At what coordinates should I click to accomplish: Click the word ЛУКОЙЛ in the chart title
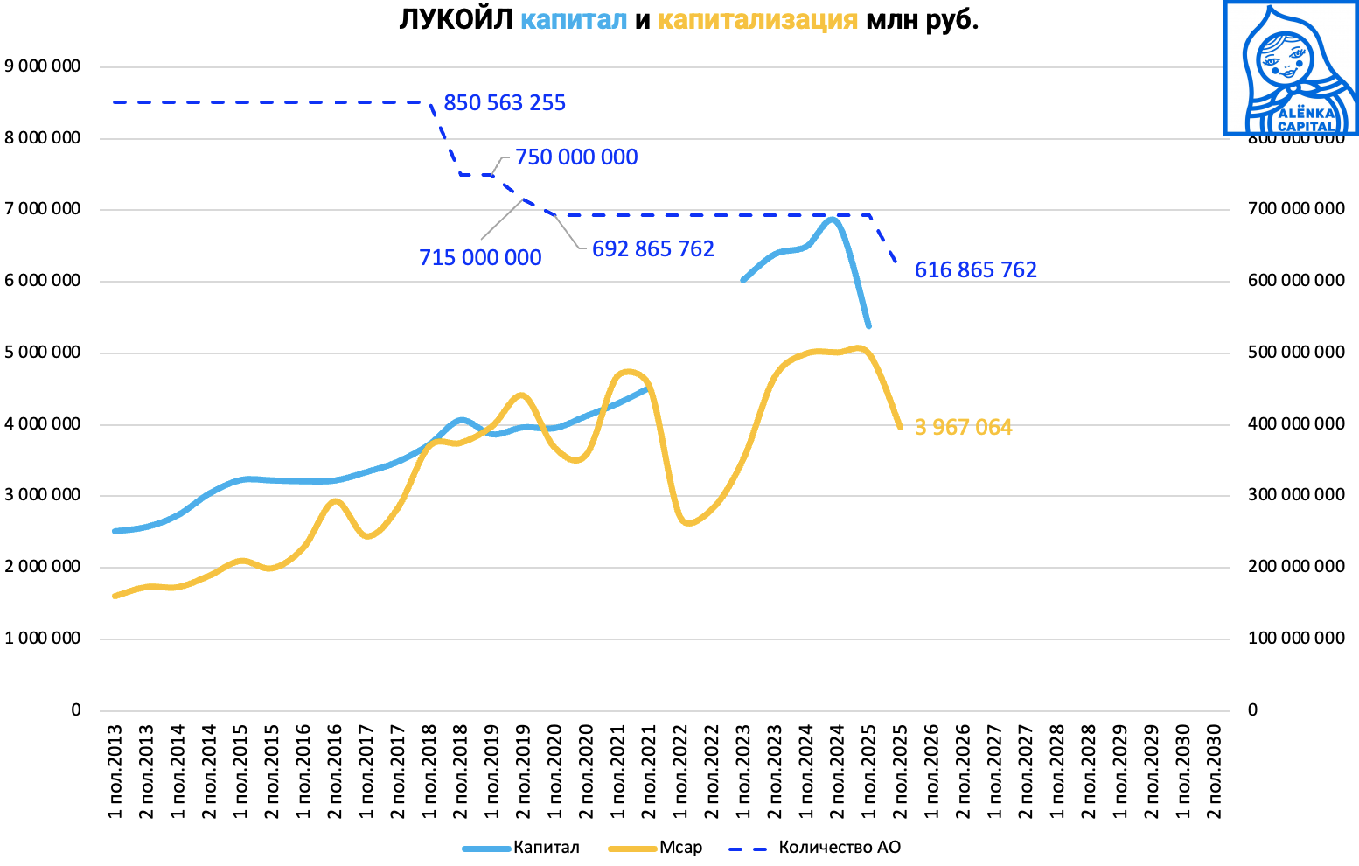455,20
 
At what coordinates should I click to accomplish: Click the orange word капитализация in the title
757,20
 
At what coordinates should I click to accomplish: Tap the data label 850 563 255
505,103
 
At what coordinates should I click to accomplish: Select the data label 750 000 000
576,157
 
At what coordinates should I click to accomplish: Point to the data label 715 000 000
480,258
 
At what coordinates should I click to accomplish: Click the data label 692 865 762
653,249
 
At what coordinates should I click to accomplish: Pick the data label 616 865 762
976,270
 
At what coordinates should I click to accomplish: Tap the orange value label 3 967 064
964,428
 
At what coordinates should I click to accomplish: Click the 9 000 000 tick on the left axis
43,66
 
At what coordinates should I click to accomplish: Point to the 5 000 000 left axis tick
43,353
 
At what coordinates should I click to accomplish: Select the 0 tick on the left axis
76,710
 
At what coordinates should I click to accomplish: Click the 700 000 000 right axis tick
1296,209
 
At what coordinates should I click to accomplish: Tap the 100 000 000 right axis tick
1296,639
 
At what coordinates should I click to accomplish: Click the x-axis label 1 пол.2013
115,772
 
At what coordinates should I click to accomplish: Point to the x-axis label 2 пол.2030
1214,772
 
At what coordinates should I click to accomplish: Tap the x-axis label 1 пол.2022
681,772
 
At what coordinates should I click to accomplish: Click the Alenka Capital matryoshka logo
1291,68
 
